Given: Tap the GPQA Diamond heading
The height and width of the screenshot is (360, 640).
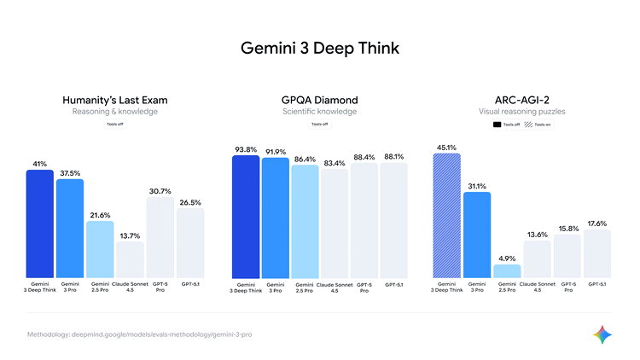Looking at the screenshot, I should [319, 100].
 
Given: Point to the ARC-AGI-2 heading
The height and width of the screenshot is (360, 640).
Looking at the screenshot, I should [522, 100].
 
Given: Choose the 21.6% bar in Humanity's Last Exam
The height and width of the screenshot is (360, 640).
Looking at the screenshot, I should [100, 247].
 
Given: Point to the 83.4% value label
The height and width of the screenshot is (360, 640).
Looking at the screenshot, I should [335, 162].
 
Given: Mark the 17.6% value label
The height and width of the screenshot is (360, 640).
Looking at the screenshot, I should [597, 224].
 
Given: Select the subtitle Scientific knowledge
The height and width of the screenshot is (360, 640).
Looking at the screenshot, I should [319, 112].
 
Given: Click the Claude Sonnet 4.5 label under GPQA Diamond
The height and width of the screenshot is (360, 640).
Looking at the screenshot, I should [335, 287].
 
